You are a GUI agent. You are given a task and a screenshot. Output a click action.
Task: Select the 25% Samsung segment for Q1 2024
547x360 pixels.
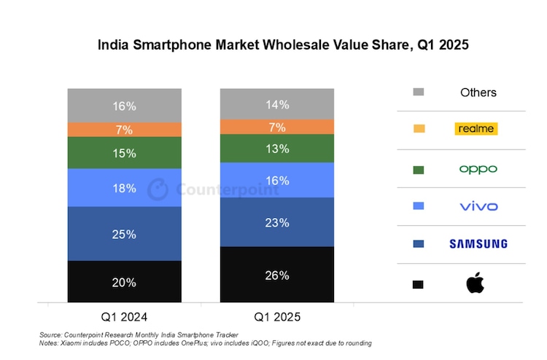click(x=124, y=233)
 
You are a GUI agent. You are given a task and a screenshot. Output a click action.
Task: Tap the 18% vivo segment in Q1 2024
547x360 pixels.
click(x=124, y=188)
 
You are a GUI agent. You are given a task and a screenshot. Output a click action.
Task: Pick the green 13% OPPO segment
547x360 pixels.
click(x=277, y=149)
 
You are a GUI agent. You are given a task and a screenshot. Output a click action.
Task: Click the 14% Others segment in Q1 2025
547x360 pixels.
click(x=277, y=104)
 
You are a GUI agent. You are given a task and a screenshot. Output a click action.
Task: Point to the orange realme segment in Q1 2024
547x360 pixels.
click(x=124, y=130)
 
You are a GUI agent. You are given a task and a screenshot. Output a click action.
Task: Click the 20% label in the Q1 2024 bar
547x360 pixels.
click(x=124, y=283)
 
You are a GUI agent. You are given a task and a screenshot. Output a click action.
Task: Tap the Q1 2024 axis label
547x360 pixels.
click(x=125, y=317)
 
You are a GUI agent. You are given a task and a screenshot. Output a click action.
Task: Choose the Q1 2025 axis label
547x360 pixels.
click(x=277, y=317)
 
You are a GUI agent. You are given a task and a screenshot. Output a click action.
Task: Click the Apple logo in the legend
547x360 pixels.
click(x=475, y=283)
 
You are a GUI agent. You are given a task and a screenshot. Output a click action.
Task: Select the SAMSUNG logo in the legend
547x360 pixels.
click(x=478, y=243)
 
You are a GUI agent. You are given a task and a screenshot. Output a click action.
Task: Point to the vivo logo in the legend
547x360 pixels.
click(x=478, y=206)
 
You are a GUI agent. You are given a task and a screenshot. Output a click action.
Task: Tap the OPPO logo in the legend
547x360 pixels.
click(x=478, y=169)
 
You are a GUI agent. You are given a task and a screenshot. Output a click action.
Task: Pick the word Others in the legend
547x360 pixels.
click(x=478, y=93)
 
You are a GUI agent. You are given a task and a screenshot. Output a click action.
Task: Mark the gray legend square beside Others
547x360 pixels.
click(x=418, y=92)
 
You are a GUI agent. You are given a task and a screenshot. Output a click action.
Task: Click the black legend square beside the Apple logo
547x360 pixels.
click(x=418, y=283)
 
